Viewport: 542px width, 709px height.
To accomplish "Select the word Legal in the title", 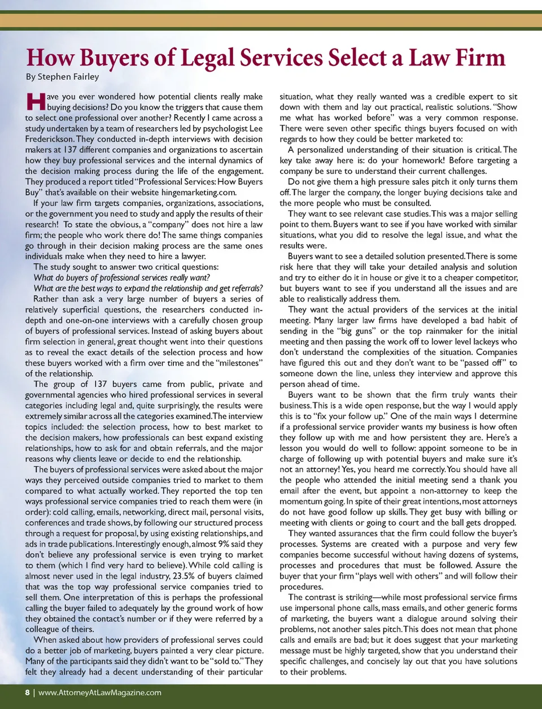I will click(x=209, y=59).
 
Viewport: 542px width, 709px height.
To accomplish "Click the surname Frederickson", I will click(x=50, y=139).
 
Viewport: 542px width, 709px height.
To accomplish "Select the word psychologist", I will click(x=212, y=128).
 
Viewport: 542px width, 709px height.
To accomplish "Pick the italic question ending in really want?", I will click(x=121, y=277).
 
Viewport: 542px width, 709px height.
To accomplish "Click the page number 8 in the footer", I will click(x=27, y=693).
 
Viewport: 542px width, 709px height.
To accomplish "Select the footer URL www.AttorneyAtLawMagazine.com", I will click(x=100, y=693).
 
